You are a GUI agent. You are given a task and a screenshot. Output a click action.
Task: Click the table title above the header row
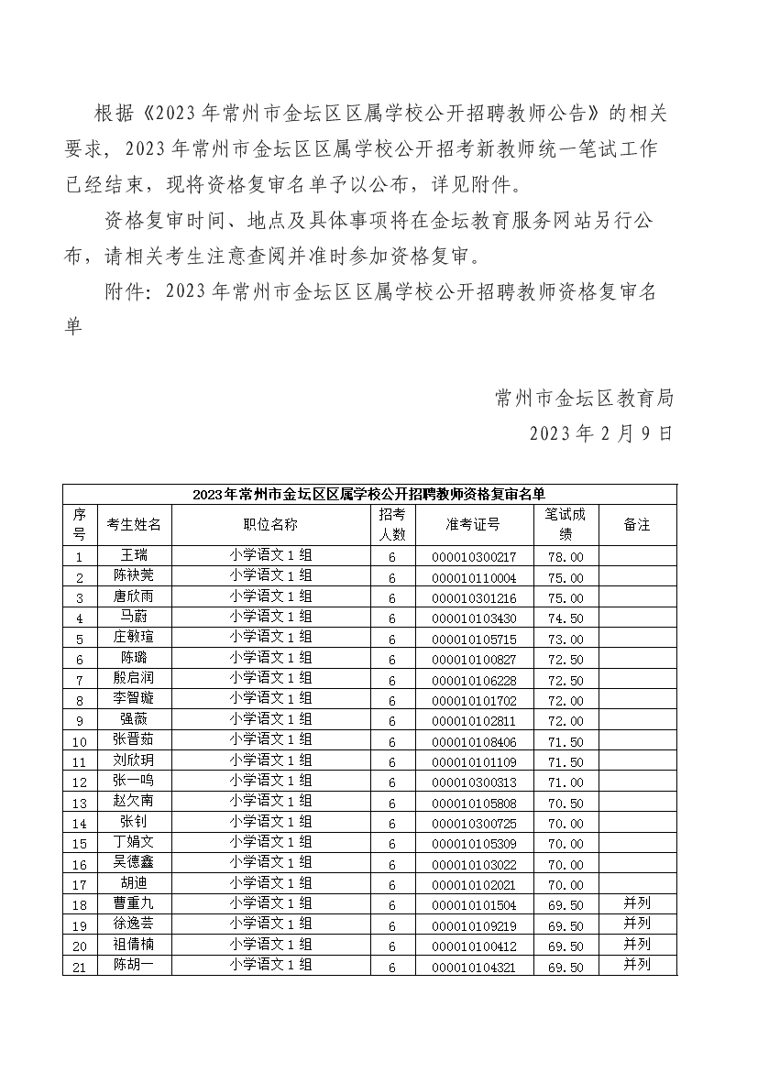tap(369, 495)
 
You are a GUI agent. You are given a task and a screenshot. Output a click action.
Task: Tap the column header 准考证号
tap(473, 525)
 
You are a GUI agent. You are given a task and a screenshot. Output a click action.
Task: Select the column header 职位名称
tap(270, 525)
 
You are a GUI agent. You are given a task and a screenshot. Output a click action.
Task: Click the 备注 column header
tap(636, 525)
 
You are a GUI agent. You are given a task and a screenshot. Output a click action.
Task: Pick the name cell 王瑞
tap(134, 556)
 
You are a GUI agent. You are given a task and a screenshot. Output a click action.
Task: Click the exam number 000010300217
tap(473, 557)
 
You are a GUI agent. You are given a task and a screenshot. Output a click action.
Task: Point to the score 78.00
tap(565, 557)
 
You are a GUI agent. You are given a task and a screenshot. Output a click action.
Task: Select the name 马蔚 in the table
tap(134, 618)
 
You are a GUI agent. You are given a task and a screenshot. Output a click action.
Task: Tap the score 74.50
tap(565, 618)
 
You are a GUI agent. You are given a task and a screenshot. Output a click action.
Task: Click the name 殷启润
tap(134, 679)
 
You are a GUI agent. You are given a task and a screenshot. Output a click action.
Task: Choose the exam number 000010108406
tap(473, 741)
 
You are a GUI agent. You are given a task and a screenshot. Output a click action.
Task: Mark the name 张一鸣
tap(134, 782)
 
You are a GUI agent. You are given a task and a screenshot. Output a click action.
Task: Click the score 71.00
tap(565, 782)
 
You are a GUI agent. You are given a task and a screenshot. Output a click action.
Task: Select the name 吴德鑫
tap(134, 863)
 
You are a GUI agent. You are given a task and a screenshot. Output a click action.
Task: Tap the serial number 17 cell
tap(80, 885)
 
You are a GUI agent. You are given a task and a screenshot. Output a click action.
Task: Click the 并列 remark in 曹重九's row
tap(636, 904)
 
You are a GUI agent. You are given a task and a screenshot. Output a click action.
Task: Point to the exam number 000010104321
tap(473, 967)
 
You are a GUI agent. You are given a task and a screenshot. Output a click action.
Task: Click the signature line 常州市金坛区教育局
tap(584, 398)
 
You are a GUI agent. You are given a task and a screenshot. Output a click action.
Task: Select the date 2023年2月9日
tap(600, 432)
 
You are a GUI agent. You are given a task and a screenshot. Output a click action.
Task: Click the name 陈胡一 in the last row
tap(134, 965)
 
